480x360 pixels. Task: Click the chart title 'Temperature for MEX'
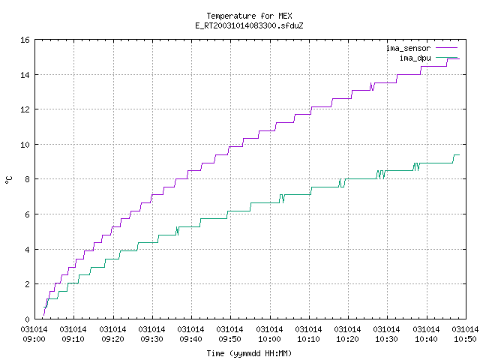(x=249, y=16)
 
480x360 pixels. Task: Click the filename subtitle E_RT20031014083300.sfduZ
(x=249, y=25)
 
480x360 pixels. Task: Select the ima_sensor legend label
(x=408, y=48)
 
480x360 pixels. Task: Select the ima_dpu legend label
(x=415, y=58)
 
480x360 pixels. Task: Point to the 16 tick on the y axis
(x=25, y=40)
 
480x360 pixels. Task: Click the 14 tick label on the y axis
(x=25, y=75)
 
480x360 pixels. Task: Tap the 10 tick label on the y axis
(x=25, y=145)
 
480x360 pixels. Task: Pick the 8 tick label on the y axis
(x=27, y=179)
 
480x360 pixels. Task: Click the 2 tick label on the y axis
(x=27, y=284)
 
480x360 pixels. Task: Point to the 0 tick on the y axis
(x=27, y=319)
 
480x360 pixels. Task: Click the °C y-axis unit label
(x=8, y=179)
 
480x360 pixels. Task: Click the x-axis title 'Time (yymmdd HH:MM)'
(x=249, y=353)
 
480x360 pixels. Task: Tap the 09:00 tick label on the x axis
(x=34, y=339)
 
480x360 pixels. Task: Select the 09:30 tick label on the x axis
(x=151, y=339)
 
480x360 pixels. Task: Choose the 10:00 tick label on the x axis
(x=269, y=339)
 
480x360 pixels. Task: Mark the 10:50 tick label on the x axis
(x=465, y=339)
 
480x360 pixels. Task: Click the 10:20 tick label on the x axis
(x=347, y=339)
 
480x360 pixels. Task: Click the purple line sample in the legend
(x=447, y=48)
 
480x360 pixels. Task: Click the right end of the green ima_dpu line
(x=460, y=155)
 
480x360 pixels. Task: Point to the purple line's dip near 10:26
(x=372, y=90)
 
